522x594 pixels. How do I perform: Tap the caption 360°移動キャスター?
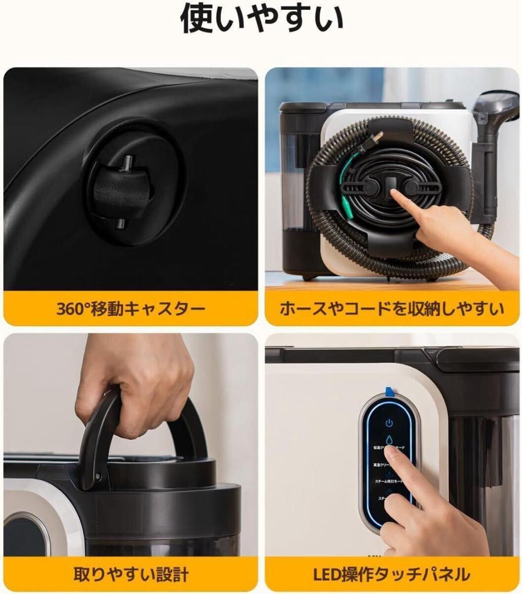pyautogui.click(x=130, y=309)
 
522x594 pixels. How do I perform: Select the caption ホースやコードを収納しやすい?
pyautogui.click(x=392, y=309)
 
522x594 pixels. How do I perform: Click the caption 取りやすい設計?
pyautogui.click(x=131, y=575)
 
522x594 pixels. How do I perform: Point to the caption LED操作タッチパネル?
pyautogui.click(x=392, y=575)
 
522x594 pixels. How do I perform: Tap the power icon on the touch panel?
pyautogui.click(x=389, y=423)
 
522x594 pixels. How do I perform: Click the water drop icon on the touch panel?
pyautogui.click(x=389, y=440)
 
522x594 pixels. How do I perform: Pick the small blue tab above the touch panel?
pyautogui.click(x=389, y=392)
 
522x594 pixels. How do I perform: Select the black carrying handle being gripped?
pyautogui.click(x=99, y=435)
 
